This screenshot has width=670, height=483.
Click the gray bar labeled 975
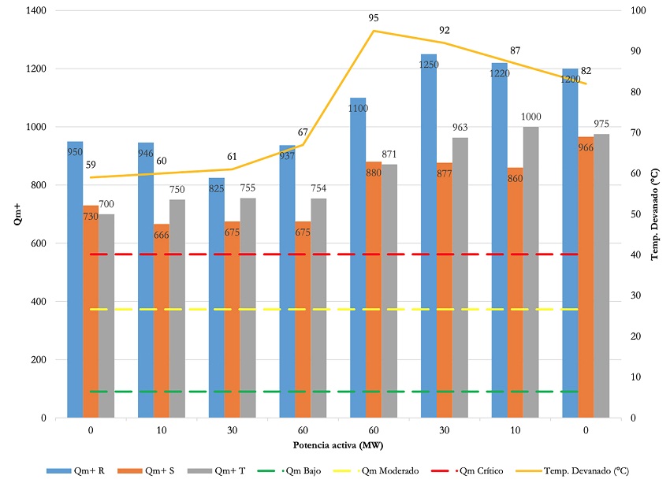[x=601, y=276]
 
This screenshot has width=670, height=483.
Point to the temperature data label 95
[x=374, y=17]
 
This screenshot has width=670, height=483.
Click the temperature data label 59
[x=91, y=165]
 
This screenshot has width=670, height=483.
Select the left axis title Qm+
[x=17, y=214]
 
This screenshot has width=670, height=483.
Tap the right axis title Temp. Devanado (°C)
[x=655, y=214]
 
